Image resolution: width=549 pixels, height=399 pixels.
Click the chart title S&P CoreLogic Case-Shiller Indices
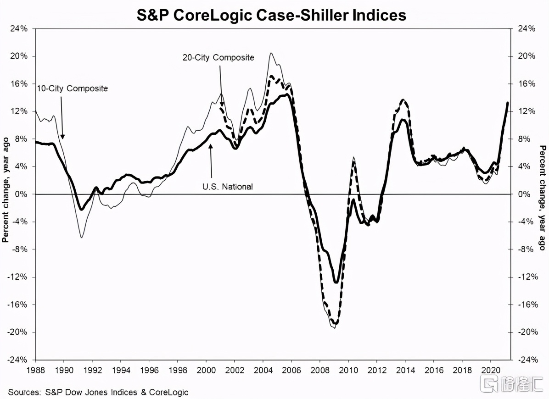point(272,15)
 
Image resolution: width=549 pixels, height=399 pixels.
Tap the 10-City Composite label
point(73,88)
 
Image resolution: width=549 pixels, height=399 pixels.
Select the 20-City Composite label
point(218,58)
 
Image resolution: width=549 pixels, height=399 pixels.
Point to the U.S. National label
point(227,187)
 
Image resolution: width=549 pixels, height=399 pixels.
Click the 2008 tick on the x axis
point(320,368)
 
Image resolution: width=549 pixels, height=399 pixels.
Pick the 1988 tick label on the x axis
point(36,368)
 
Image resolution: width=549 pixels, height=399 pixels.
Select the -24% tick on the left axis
point(18,360)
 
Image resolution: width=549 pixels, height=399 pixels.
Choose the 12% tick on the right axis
point(527,111)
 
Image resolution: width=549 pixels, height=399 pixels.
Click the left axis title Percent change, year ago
point(6,194)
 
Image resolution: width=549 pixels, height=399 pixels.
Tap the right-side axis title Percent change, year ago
point(542,198)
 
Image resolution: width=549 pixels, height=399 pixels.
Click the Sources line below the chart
point(98,392)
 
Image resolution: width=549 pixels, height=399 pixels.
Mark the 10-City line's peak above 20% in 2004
point(271,53)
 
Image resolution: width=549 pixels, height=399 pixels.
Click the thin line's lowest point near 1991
point(81,237)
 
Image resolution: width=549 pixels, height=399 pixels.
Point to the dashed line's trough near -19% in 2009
point(335,323)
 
